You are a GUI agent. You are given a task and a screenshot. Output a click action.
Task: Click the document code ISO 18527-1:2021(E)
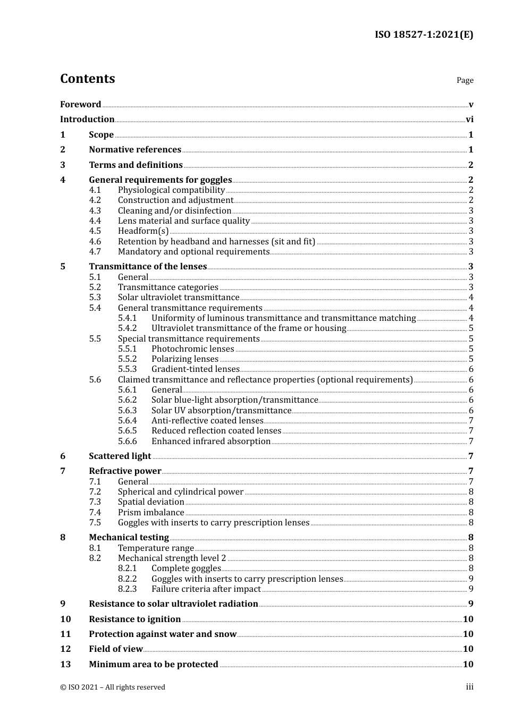424,35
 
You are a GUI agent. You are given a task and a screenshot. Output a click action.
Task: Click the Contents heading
87,79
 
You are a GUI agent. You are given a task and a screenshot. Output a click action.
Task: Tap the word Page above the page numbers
465,80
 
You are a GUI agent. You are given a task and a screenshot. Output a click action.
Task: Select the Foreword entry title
80,104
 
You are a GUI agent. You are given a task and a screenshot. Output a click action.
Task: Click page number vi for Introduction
469,120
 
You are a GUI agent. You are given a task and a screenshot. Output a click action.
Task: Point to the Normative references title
135,150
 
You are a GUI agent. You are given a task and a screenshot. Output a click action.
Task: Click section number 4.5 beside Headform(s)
95,231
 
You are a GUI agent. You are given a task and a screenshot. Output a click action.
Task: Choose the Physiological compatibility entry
171,190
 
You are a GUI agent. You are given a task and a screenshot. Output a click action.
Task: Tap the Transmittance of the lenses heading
148,267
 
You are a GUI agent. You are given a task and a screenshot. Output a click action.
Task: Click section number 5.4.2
128,328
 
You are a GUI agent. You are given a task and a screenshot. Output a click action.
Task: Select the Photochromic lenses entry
192,349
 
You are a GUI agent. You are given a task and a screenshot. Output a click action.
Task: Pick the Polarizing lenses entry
185,359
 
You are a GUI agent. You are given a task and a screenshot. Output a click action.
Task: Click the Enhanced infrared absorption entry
211,441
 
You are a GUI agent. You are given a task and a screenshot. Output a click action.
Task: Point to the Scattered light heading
120,456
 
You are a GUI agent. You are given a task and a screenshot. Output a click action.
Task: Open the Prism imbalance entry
151,513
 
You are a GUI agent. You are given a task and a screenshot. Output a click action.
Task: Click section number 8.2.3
128,589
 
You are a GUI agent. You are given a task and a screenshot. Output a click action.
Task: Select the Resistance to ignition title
134,619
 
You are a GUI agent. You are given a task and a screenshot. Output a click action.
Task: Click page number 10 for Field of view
468,649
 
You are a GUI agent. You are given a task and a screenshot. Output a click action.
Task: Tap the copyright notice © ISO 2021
112,687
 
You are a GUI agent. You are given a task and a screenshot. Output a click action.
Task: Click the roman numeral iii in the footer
469,687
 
